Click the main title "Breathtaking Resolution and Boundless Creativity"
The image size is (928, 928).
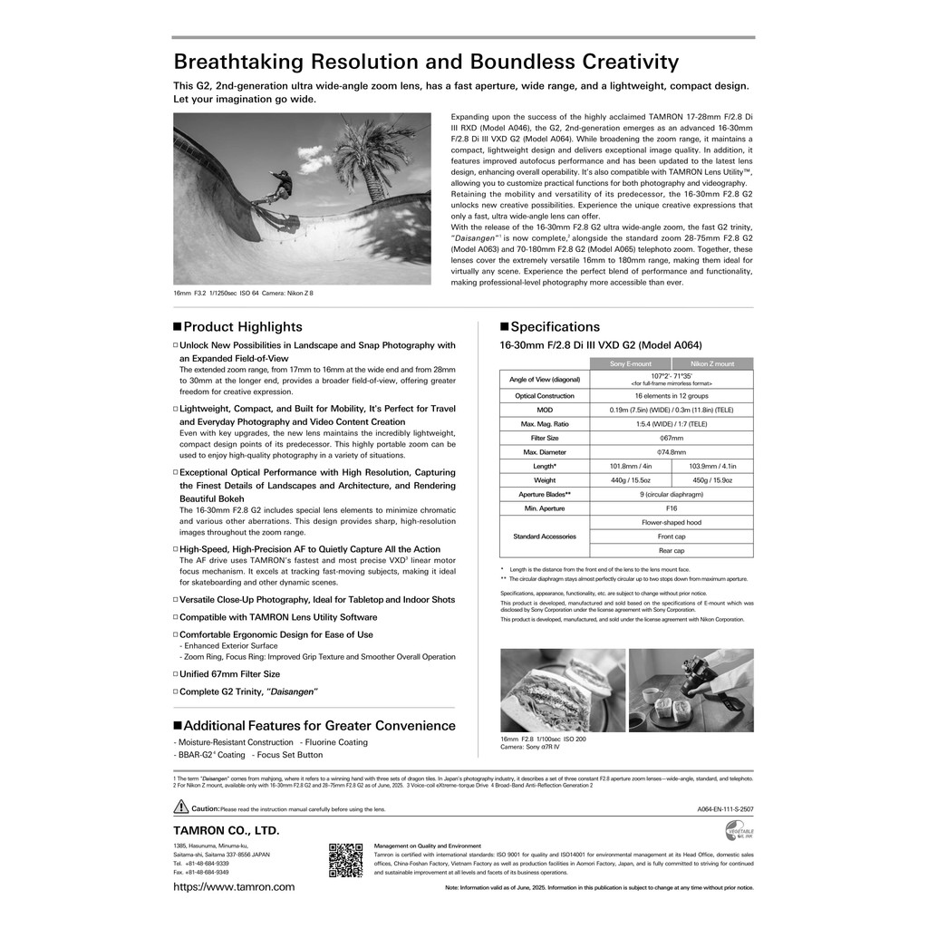pyautogui.click(x=425, y=62)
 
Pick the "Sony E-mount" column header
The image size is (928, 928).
pyautogui.click(x=631, y=363)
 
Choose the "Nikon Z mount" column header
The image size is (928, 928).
pyautogui.click(x=712, y=363)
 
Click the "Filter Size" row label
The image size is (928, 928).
pyautogui.click(x=544, y=438)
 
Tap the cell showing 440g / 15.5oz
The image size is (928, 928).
pyautogui.click(x=631, y=480)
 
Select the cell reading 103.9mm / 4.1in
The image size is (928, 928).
pyautogui.click(x=712, y=466)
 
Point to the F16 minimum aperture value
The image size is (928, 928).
pyautogui.click(x=671, y=508)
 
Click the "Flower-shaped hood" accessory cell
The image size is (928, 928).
pyautogui.click(x=671, y=523)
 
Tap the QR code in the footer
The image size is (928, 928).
pyautogui.click(x=345, y=860)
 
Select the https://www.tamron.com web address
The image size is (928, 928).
pyautogui.click(x=234, y=887)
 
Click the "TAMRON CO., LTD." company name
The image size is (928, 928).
pyautogui.click(x=227, y=830)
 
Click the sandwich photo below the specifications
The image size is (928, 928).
pyautogui.click(x=562, y=690)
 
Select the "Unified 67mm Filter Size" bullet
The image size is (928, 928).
pyautogui.click(x=229, y=674)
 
